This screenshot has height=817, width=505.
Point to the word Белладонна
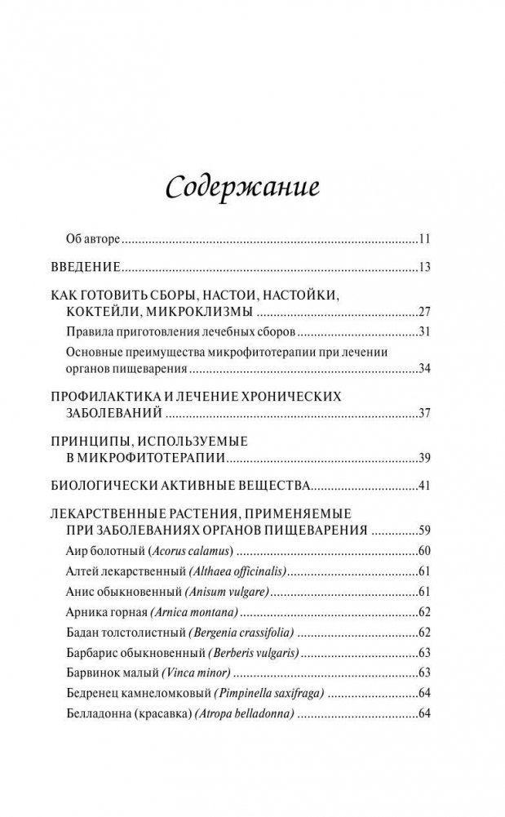(x=95, y=713)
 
